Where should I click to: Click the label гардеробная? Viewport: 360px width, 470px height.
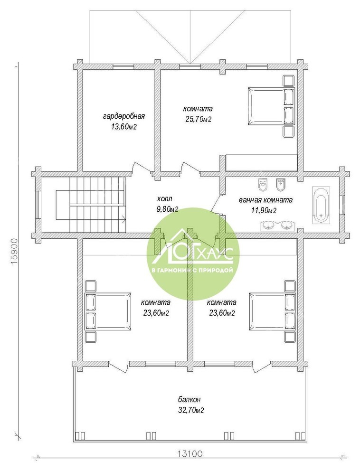[124, 116]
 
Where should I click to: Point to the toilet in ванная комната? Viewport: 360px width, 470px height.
[263, 185]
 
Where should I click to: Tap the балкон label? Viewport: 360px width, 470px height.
[189, 399]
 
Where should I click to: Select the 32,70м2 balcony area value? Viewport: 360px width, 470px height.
[191, 410]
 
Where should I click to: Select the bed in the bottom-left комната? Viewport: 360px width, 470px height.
[108, 311]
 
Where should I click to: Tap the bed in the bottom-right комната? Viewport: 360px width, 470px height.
[272, 311]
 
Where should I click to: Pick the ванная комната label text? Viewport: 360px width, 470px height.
[265, 200]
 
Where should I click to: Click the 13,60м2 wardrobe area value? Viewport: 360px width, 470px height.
[124, 127]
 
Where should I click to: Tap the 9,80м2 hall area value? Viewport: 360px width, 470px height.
[167, 209]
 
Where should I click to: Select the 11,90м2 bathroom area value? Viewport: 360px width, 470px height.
[264, 211]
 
